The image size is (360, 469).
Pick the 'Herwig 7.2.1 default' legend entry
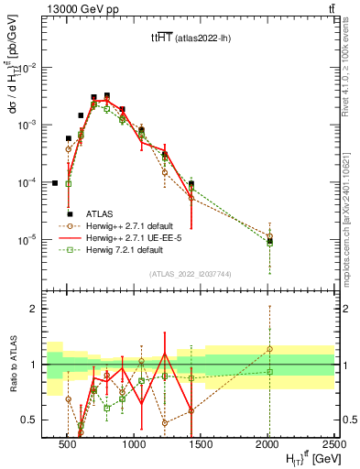click(x=125, y=249)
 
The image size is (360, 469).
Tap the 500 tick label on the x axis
click(x=67, y=439)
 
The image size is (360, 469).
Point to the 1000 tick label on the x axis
click(x=135, y=439)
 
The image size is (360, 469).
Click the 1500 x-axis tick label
click(x=202, y=439)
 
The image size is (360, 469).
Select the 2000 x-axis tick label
click(x=268, y=439)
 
